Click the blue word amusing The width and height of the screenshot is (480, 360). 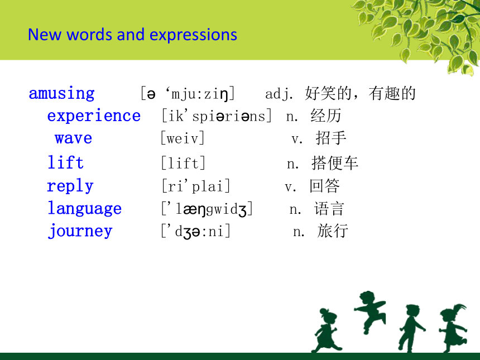click(61, 93)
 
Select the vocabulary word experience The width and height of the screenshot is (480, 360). click(94, 116)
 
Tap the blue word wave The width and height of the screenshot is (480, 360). click(74, 138)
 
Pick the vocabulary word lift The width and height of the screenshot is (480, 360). click(65, 162)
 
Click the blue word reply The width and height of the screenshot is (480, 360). click(70, 185)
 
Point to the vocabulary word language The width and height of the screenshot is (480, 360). click(84, 209)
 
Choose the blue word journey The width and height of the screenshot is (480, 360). click(80, 231)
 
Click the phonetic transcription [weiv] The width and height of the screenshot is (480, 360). click(183, 138)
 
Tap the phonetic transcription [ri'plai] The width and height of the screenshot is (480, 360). click(195, 186)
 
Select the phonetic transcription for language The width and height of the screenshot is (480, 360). click(207, 209)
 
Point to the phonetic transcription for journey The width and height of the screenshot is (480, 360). click(195, 232)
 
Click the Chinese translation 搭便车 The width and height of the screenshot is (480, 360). click(334, 163)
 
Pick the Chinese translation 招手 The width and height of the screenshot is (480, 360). click(331, 138)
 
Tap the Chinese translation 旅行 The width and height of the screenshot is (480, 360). click(333, 231)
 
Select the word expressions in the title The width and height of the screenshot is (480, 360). click(193, 35)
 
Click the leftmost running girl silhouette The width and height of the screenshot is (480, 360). click(325, 330)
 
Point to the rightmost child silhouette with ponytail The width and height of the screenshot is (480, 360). click(453, 328)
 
